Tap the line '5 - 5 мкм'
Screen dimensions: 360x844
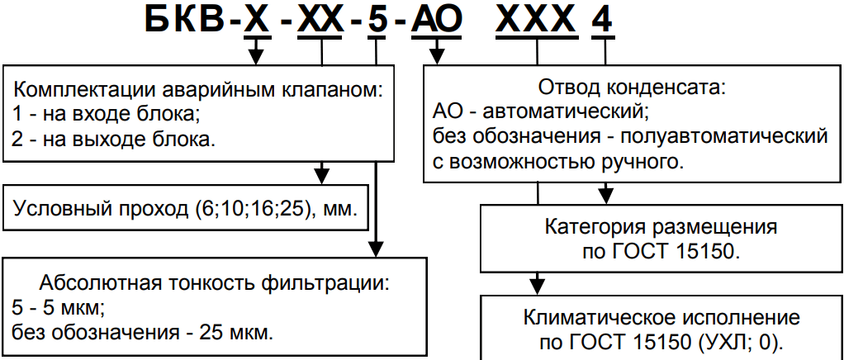(x=56, y=308)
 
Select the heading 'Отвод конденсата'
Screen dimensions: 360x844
(x=632, y=86)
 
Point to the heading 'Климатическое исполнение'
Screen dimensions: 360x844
(x=661, y=317)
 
